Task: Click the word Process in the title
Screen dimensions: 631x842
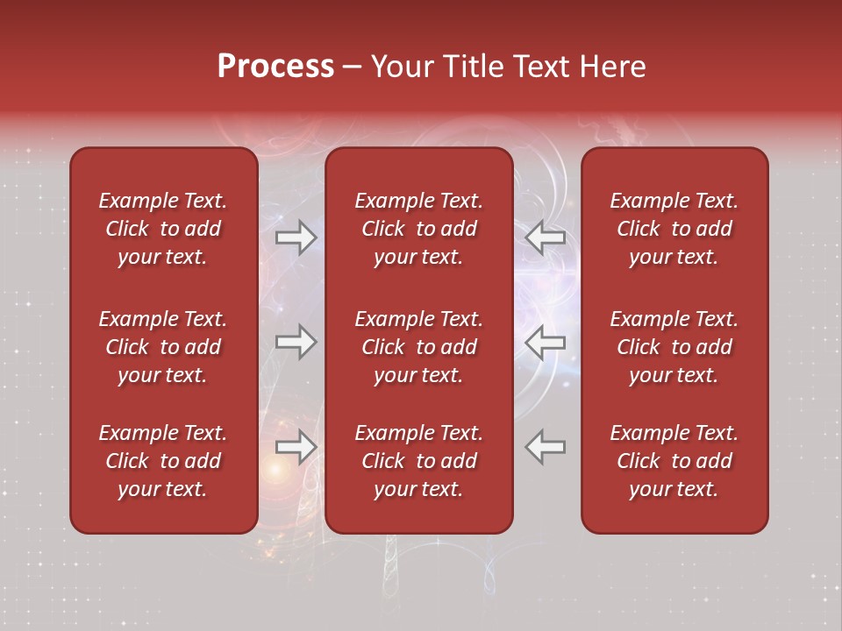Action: coord(275,67)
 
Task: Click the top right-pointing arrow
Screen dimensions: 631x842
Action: coord(296,238)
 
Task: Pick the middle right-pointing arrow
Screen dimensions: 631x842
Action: coord(296,342)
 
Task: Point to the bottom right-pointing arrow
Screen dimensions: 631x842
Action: coord(296,447)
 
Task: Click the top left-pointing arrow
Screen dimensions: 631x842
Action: coord(546,238)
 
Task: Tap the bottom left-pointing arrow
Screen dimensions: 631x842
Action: coord(546,447)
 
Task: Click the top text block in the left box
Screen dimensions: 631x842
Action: coord(163,229)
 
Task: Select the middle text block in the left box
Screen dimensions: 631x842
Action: coord(163,347)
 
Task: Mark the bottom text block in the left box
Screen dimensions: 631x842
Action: coord(163,461)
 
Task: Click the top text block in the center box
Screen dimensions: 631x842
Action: coord(419,229)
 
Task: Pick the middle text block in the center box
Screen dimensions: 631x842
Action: coord(419,347)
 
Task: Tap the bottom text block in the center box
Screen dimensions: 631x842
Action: coord(419,461)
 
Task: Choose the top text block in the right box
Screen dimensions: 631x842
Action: coord(674,229)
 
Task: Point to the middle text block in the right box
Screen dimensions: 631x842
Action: coord(674,347)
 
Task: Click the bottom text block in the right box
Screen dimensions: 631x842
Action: coord(674,461)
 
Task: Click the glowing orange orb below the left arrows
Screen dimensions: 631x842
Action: coord(276,471)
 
